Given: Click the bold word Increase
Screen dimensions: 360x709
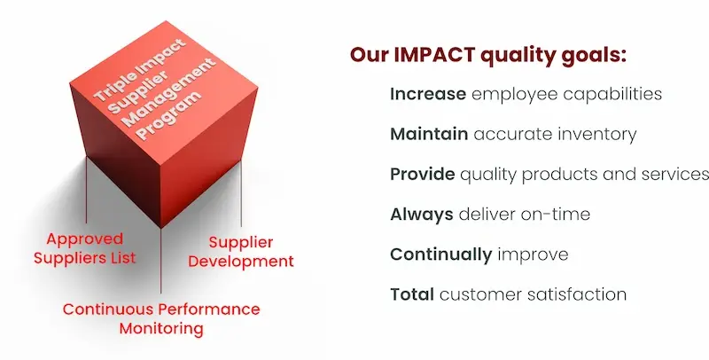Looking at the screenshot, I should click(427, 94).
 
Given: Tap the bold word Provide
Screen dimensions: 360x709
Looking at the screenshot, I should click(422, 174).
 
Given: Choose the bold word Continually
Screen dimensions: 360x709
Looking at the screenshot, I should click(440, 254).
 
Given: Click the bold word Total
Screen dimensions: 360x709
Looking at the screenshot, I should click(411, 293).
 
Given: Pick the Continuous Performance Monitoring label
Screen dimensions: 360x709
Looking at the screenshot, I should click(161, 318).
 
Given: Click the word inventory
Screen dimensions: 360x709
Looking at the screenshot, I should click(600, 134).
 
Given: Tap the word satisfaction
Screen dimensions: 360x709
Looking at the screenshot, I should click(583, 293).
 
